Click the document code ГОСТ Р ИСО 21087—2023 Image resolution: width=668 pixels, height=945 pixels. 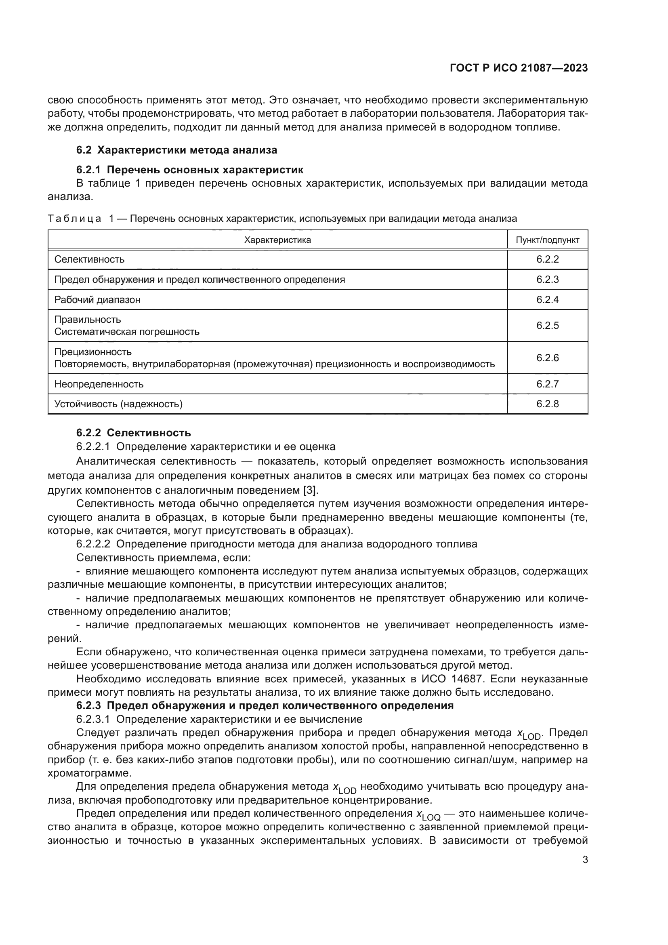[519, 68]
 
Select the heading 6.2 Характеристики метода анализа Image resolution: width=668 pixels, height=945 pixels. [176, 150]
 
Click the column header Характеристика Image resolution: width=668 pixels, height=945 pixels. [277, 240]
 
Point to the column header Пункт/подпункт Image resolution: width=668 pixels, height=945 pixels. [547, 240]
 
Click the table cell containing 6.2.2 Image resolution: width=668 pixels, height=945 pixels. [547, 260]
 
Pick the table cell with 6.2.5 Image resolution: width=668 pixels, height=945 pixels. [547, 326]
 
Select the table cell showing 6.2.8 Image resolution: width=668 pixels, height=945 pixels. [547, 404]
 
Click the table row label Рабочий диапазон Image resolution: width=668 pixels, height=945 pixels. [97, 300]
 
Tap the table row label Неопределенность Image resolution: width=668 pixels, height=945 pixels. [99, 384]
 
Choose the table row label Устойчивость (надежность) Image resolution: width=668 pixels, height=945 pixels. [118, 404]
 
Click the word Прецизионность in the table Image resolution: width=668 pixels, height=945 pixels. [93, 352]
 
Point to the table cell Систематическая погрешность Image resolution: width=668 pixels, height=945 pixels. [127, 332]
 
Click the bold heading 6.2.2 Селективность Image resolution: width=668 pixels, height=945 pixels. [133, 433]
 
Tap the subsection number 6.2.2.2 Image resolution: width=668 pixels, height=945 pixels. [93, 544]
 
